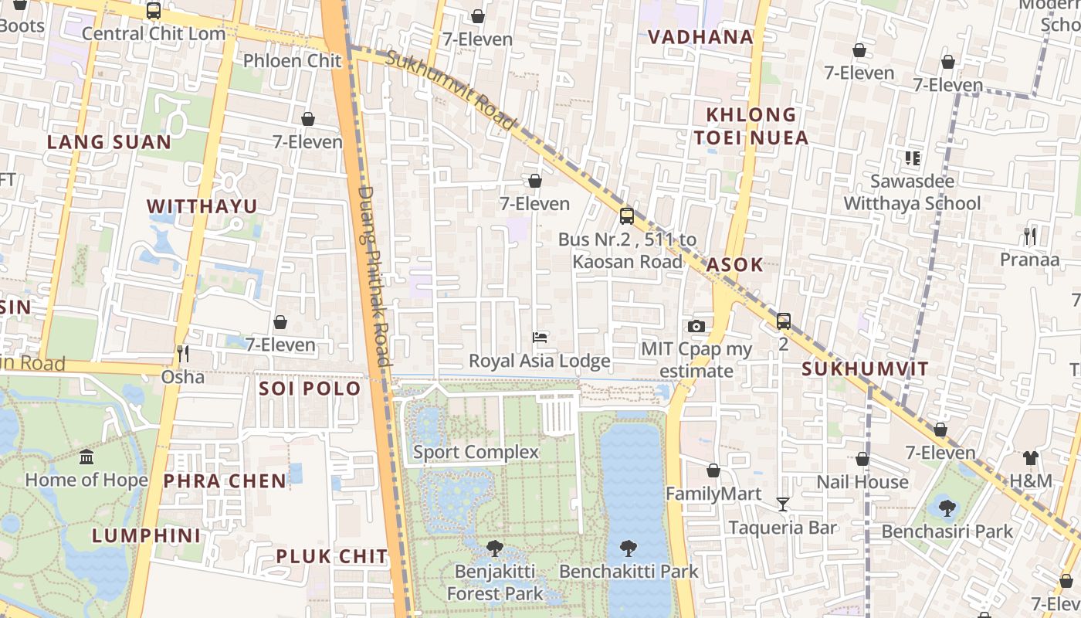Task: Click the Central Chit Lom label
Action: (x=154, y=34)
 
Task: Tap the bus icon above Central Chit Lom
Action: (x=154, y=11)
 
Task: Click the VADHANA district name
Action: (x=700, y=37)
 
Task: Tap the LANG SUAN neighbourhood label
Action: (x=109, y=142)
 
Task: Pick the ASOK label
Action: (x=735, y=264)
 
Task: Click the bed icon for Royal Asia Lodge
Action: (x=540, y=338)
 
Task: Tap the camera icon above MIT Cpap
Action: (x=696, y=326)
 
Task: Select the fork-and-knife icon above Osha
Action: (x=183, y=354)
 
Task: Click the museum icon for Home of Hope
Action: (x=86, y=457)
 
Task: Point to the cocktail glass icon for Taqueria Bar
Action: (x=783, y=504)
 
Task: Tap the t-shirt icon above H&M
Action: (x=1031, y=458)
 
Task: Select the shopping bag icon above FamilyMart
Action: (x=713, y=470)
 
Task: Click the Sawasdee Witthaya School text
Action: (x=912, y=192)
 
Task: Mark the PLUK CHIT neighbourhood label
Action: (x=332, y=556)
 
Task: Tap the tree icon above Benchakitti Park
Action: (x=629, y=548)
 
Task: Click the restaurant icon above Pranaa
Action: (x=1030, y=236)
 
